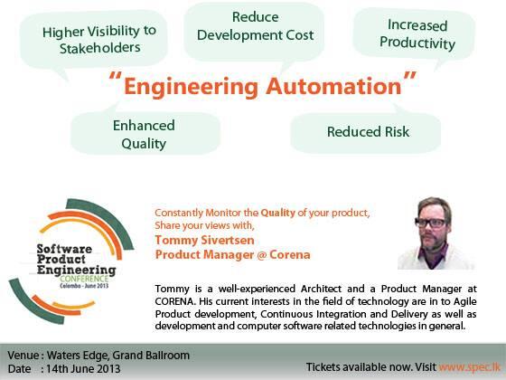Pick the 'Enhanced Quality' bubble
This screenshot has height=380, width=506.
pos(138,135)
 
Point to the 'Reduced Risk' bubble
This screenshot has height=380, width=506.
pos(368,131)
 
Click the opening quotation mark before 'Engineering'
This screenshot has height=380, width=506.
pos(114,81)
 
